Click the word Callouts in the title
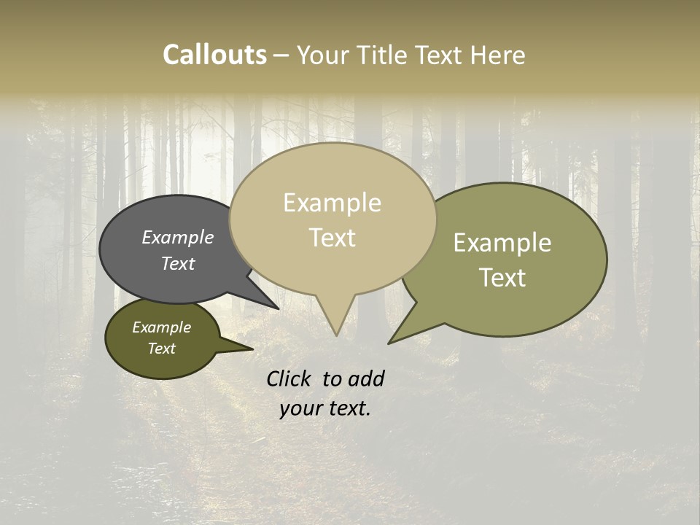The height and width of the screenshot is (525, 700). (x=214, y=55)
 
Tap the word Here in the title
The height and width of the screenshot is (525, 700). (x=498, y=55)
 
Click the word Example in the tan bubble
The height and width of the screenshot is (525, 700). (x=332, y=203)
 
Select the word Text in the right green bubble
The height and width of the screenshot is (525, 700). (x=502, y=278)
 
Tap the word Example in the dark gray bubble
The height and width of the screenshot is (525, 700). (x=177, y=238)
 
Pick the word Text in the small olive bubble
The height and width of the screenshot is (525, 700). (x=161, y=349)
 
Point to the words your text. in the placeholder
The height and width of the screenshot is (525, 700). (x=324, y=408)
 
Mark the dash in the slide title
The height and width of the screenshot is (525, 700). (x=281, y=55)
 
